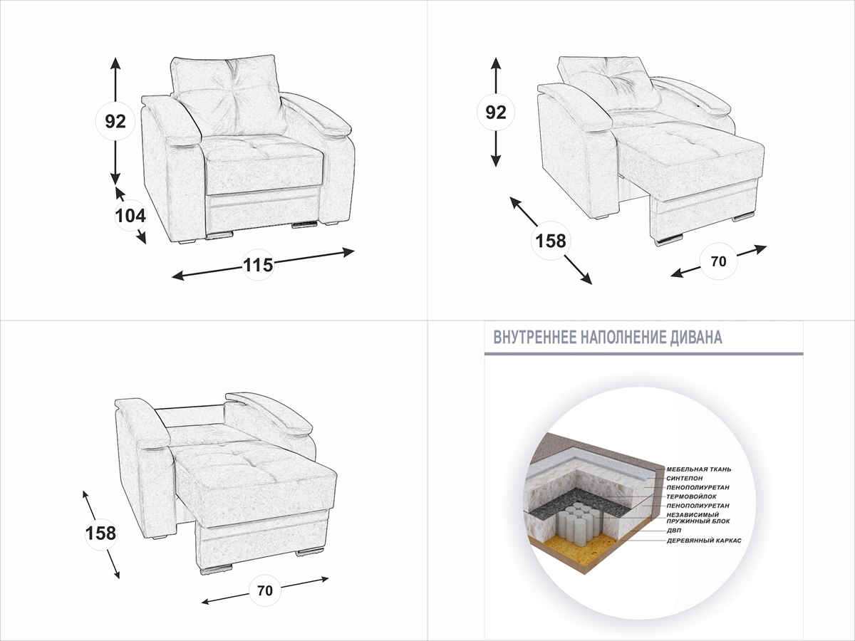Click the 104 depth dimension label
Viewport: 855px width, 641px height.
pos(130,215)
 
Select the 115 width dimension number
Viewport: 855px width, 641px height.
pos(258,265)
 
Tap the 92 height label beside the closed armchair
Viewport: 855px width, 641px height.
pos(115,121)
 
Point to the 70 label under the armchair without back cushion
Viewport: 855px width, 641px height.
pos(265,590)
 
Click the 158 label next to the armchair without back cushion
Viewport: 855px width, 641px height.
pos(100,532)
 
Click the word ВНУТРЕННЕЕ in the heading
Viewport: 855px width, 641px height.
pos(534,338)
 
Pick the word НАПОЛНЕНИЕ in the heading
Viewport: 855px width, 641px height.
pos(619,338)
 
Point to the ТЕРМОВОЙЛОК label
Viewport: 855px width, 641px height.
pos(692,496)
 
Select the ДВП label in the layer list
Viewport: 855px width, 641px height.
pos(674,531)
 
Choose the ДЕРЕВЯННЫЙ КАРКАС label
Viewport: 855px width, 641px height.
pos(704,541)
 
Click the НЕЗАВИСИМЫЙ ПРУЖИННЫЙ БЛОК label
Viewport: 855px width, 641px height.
pos(693,517)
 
